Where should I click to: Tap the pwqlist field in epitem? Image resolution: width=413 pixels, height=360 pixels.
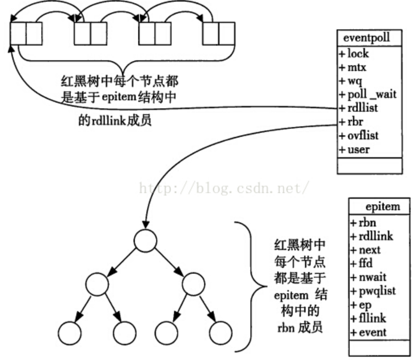(376, 291)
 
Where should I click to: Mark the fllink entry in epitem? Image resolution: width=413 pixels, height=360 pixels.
(372, 318)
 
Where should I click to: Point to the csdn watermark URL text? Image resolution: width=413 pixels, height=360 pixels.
(223, 189)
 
